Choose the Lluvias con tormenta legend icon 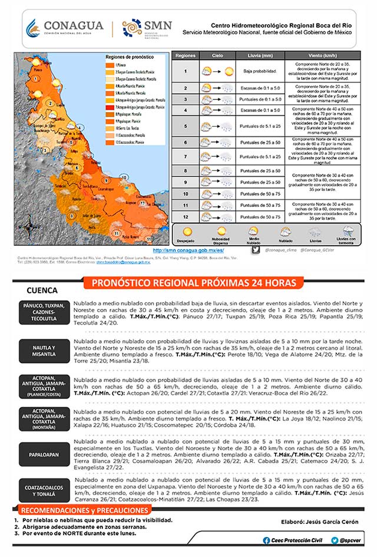coord(348,232)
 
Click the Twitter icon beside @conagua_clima coord(255,250)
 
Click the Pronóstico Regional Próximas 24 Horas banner coord(194,284)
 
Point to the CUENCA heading coord(42,291)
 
